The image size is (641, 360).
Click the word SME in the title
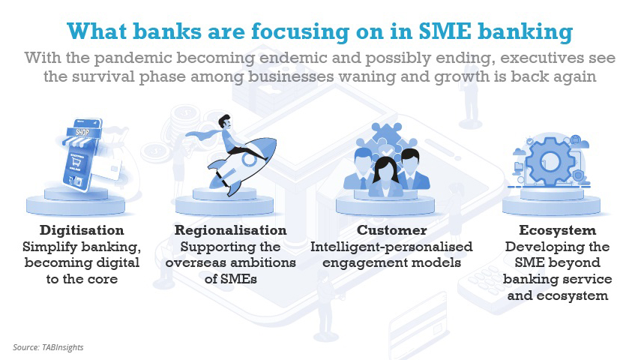click(x=445, y=31)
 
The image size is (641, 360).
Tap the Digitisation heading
click(x=82, y=230)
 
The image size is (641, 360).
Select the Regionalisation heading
click(x=231, y=230)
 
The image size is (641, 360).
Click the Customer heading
click(x=391, y=230)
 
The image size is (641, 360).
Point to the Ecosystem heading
click(x=557, y=230)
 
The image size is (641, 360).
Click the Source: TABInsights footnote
click(x=48, y=347)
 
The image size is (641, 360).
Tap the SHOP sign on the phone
click(x=82, y=132)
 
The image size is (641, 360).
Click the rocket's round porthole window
click(x=249, y=159)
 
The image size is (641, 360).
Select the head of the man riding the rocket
click(x=224, y=121)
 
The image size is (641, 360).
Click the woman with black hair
click(x=385, y=176)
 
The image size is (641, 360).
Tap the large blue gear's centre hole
click(x=550, y=161)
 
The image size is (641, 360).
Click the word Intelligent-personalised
click(x=391, y=247)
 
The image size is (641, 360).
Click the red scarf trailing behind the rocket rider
click(x=205, y=134)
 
